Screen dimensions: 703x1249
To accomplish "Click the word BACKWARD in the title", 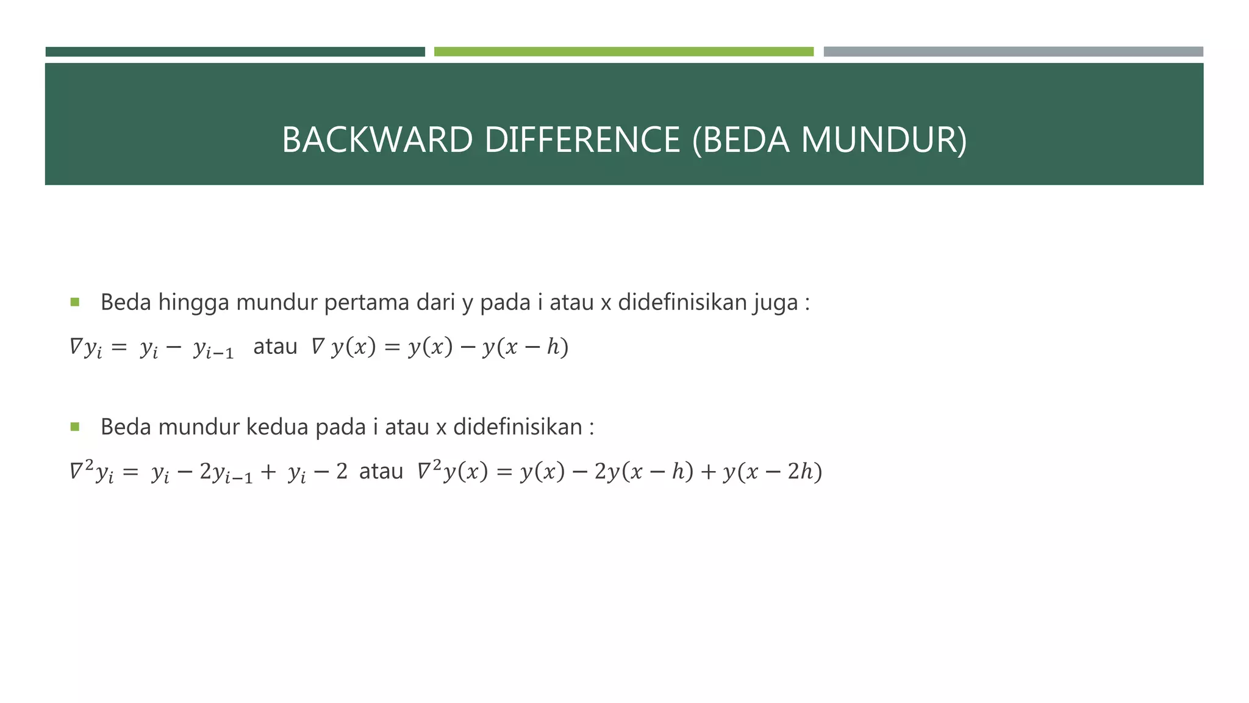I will [377, 140].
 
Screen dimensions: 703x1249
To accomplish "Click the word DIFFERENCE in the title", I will [582, 140].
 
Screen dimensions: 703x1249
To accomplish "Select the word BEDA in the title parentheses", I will [742, 140].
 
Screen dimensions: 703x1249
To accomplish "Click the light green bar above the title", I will [623, 52].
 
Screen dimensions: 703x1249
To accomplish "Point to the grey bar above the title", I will [1013, 52].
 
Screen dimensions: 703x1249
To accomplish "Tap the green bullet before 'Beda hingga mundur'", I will [75, 301].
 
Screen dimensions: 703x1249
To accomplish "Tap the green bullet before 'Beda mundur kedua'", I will [75, 427].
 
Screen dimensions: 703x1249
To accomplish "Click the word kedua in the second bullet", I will [277, 427].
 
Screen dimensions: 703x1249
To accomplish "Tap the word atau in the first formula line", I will [275, 347].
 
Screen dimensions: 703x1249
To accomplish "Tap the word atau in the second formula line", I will [381, 472].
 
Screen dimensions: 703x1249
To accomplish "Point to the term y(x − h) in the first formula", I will [525, 347].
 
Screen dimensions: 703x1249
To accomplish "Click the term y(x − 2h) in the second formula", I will [772, 472].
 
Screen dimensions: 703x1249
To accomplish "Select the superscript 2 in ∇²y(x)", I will [437, 465].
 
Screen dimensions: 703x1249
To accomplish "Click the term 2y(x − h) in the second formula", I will [643, 472].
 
